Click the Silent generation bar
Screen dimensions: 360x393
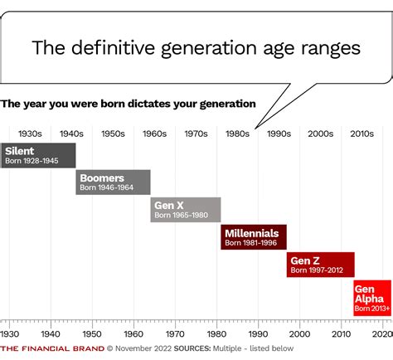tap(39, 155)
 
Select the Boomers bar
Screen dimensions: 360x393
tap(114, 182)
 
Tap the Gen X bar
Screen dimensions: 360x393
tap(186, 210)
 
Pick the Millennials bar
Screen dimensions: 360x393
tap(254, 237)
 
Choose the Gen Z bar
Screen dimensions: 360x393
tap(321, 265)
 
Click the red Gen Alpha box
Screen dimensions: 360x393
tap(372, 298)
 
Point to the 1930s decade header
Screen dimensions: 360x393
tap(30, 133)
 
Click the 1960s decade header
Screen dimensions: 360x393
tap(154, 133)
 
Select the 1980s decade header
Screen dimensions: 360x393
tap(237, 133)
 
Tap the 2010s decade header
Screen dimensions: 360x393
tap(361, 133)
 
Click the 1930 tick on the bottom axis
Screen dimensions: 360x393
tap(10, 333)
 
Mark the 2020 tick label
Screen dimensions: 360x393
tap(381, 333)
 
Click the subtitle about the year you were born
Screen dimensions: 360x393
tap(129, 104)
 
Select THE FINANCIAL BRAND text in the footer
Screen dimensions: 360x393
tap(51, 349)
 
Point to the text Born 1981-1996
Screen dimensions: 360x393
tap(251, 243)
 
